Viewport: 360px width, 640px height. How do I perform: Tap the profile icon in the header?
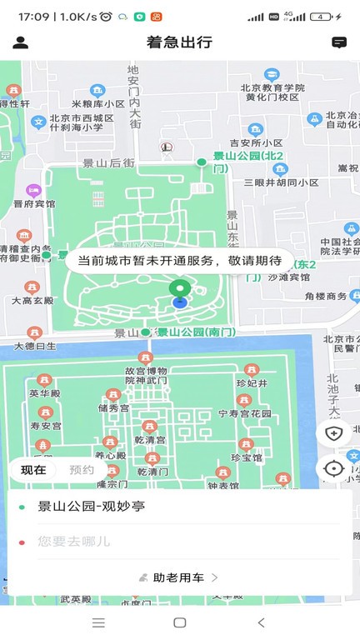coord(21,42)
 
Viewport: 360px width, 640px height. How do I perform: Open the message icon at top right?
coord(339,42)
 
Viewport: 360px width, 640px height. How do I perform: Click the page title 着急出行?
coord(179,42)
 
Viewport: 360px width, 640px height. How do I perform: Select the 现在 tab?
coord(33,470)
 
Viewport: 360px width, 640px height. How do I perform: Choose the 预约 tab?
coord(82,470)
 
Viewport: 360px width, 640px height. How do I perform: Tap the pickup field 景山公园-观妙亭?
coord(92,507)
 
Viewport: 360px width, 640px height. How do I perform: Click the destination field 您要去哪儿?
coord(74,542)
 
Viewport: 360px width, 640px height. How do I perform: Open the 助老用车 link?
coord(179,577)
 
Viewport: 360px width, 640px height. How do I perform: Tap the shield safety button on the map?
coord(333,433)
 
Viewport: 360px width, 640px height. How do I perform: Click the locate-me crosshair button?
coord(333,468)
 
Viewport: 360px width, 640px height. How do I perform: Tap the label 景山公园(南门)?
coord(197,332)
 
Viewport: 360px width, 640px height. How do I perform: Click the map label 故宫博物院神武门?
coord(146,375)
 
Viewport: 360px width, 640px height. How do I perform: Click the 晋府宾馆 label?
coord(34,203)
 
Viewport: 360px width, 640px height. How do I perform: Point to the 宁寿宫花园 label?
coord(245,412)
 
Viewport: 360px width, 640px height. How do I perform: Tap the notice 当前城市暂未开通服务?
coord(179,261)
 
